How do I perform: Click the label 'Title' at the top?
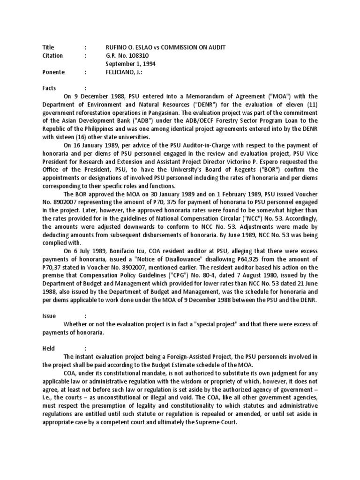(x=48, y=47)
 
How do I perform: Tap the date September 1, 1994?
(x=131, y=63)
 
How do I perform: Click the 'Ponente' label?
(x=53, y=72)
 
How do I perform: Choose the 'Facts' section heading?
(x=49, y=88)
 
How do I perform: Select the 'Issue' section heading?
(x=49, y=316)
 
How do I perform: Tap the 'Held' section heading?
(x=49, y=348)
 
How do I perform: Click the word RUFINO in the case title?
(x=117, y=47)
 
